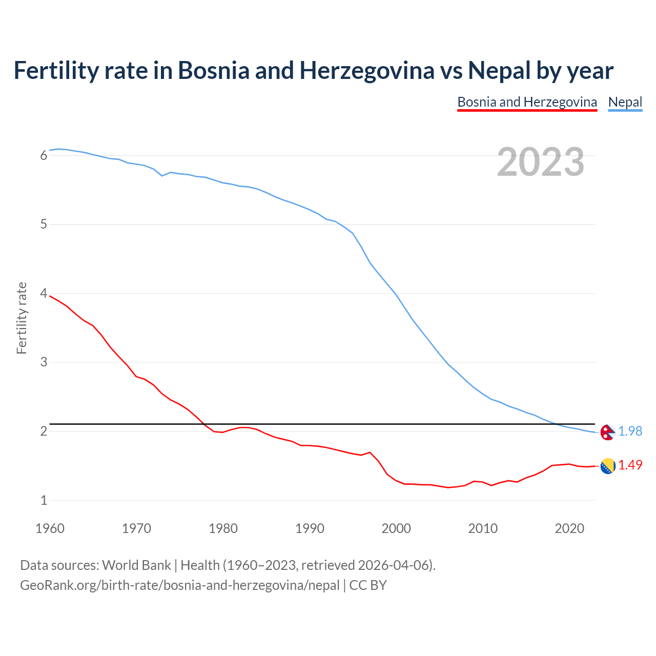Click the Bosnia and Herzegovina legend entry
click(527, 102)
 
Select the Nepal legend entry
click(625, 102)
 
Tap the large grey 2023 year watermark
click(540, 162)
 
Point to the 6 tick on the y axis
click(44, 156)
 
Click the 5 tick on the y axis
click(44, 224)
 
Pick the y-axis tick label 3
click(44, 362)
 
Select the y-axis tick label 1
click(44, 500)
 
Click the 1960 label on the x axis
click(50, 528)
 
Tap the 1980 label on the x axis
click(223, 528)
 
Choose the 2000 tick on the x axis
click(396, 528)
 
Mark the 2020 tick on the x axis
click(569, 528)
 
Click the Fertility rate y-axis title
click(22, 318)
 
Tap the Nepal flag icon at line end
click(607, 432)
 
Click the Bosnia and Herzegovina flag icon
click(607, 466)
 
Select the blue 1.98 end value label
click(630, 432)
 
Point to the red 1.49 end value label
click(630, 465)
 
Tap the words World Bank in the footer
click(136, 565)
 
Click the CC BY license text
click(368, 585)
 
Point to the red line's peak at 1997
click(370, 453)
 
